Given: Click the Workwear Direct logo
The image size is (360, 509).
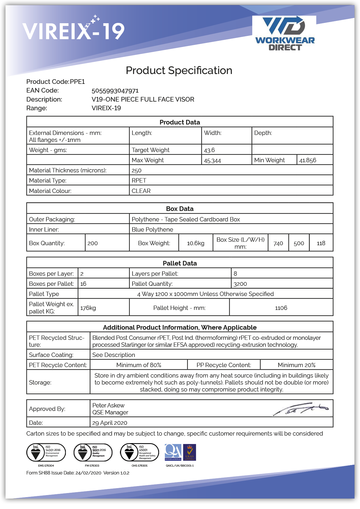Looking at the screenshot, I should tap(285, 34).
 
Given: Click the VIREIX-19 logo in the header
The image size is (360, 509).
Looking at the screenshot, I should tap(74, 30).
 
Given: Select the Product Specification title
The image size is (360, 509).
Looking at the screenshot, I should tap(179, 71).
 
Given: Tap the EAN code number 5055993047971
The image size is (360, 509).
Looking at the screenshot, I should tap(115, 91).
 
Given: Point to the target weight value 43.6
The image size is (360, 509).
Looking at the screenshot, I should tap(209, 150).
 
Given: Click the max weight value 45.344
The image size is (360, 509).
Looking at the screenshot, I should tap(212, 160).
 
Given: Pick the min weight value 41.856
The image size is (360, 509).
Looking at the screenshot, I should tap(307, 160).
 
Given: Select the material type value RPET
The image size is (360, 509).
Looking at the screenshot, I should tap(139, 181).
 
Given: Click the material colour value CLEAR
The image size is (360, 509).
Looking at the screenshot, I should tap(141, 191).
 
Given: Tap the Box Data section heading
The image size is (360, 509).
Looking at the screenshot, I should tap(180, 209).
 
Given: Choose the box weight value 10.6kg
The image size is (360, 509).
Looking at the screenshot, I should tap(196, 243).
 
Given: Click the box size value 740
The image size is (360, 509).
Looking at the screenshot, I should tap(278, 243).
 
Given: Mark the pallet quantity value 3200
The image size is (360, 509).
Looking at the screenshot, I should tap(240, 284).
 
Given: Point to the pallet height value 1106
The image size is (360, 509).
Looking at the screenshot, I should tap(281, 308).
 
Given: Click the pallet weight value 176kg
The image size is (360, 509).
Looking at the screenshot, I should tap(88, 308).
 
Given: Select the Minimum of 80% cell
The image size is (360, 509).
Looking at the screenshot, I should tap(139, 365).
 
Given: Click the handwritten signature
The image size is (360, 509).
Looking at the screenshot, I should tap(300, 409).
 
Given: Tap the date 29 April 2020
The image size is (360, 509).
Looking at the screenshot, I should tap(110, 423).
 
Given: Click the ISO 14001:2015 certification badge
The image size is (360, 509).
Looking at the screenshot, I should tap(46, 452).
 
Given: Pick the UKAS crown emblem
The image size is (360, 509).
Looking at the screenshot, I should tap(190, 452).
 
